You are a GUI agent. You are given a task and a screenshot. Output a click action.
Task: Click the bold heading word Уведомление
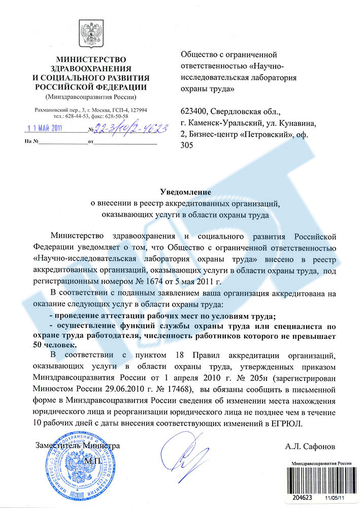[x=185, y=192]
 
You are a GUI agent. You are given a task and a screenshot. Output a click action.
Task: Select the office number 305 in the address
[x=187, y=144]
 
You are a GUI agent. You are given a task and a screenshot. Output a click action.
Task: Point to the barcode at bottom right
[x=320, y=483]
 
